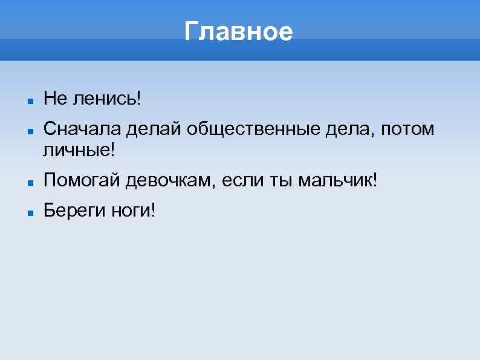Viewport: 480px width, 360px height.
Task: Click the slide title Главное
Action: [239, 31]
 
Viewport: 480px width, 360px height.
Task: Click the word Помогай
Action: [81, 180]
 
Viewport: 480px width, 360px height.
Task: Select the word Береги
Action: [73, 211]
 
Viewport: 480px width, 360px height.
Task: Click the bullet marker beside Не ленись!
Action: [29, 97]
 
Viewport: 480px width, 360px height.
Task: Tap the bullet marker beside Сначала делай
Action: [29, 129]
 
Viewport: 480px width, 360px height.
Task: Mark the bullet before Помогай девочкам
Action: [29, 181]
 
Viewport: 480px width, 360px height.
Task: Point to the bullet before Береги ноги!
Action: [29, 212]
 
